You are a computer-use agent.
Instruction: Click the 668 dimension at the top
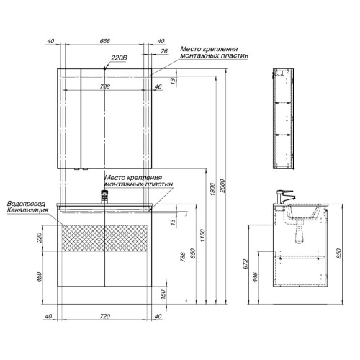coord(105,41)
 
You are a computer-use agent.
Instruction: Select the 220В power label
coord(119,58)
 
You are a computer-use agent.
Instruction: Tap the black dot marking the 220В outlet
coord(104,68)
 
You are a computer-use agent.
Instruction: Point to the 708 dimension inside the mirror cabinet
coord(105,86)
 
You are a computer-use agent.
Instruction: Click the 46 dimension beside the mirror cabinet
coord(158,86)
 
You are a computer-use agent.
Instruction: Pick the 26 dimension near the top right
coord(164,51)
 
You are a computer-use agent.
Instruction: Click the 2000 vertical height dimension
coord(222,186)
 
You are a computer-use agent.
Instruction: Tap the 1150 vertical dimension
coord(203,235)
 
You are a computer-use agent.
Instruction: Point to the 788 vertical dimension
coord(183,257)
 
